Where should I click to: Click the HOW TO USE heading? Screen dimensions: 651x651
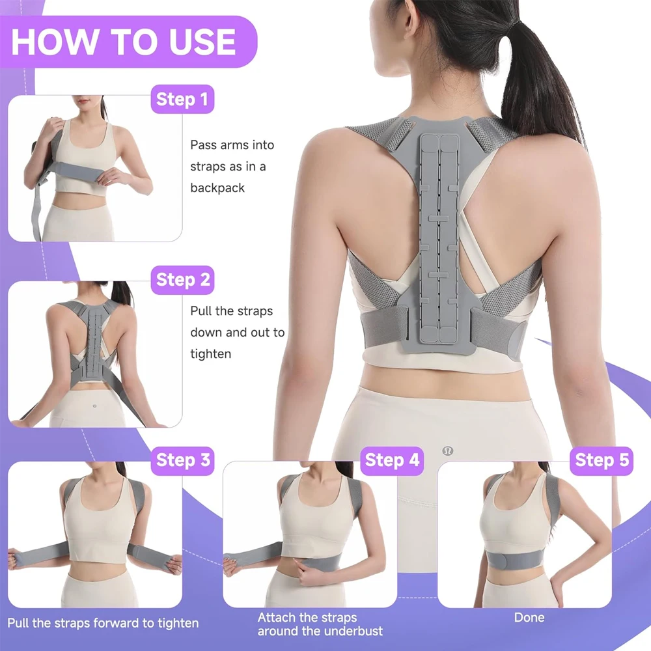click(x=124, y=41)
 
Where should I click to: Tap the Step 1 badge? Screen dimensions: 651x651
click(x=183, y=100)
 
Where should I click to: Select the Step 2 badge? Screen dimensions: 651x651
click(x=183, y=280)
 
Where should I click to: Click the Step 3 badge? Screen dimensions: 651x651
click(x=183, y=460)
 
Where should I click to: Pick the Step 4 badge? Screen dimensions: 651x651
click(x=392, y=460)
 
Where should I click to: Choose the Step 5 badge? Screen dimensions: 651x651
click(x=602, y=460)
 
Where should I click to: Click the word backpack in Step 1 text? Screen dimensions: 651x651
click(x=217, y=188)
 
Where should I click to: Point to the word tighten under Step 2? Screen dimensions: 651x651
click(x=210, y=353)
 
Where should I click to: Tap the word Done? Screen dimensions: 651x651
click(x=529, y=617)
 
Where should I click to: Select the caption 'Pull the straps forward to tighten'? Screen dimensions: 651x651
click(x=103, y=624)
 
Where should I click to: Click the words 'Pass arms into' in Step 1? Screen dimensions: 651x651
click(x=232, y=145)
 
